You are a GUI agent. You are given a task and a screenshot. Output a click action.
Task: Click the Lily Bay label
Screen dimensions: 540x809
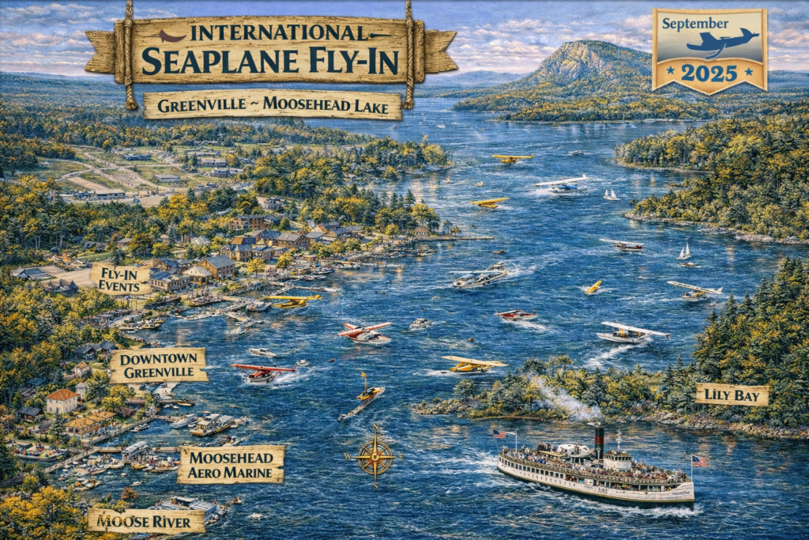coord(732,395)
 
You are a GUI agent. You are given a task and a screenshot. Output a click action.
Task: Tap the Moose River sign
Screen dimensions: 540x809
coord(141,520)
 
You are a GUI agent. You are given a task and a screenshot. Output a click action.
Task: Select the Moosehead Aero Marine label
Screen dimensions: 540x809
coord(231,464)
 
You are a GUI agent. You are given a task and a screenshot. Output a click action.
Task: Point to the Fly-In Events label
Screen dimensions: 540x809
coord(121,279)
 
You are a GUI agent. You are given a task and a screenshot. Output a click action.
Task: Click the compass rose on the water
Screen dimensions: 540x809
coord(374,456)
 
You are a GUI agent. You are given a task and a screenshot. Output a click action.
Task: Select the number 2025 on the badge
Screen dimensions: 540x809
coord(709,74)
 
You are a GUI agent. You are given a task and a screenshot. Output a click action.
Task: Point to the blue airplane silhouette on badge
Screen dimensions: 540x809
coord(722,42)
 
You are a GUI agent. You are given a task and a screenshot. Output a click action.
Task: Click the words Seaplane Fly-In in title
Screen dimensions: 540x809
coord(271,60)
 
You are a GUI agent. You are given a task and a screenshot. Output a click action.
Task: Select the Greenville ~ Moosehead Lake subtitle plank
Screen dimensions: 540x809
coord(273,104)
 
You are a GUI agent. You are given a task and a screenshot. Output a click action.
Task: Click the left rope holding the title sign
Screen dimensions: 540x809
coord(126,55)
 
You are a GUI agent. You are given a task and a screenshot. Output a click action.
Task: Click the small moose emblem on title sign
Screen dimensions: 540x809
coord(172,36)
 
